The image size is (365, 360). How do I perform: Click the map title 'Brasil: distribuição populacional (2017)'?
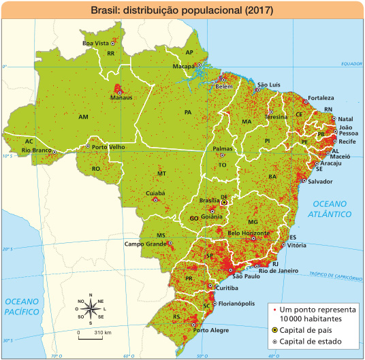click(182, 11)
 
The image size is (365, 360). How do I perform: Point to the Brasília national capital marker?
click(224, 202)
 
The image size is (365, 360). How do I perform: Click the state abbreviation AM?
click(83, 117)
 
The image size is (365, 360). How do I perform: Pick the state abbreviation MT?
click(161, 174)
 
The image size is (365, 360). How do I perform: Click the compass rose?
click(91, 310)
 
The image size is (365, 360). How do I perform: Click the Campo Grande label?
click(145, 244)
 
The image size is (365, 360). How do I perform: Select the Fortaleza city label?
click(320, 97)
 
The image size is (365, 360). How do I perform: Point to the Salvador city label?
click(319, 182)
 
